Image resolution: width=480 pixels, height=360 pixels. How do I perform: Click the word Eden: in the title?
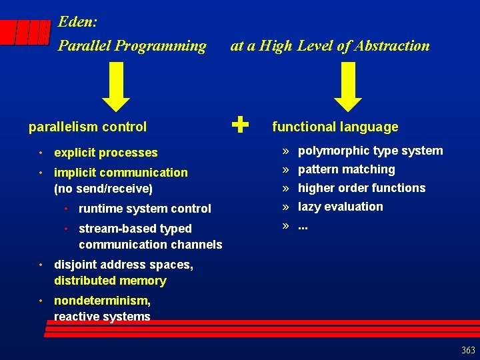[78, 22]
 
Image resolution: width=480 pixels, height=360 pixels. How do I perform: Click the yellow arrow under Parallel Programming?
[119, 86]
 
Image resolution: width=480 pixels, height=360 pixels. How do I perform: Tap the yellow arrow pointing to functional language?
[347, 86]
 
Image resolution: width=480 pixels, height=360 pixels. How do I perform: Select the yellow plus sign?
[241, 125]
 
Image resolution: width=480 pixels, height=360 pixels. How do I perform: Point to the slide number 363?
[468, 351]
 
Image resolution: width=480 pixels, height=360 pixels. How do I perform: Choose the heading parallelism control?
[87, 127]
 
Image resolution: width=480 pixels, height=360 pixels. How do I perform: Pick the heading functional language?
[335, 127]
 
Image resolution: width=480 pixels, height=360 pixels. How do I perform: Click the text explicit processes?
[105, 153]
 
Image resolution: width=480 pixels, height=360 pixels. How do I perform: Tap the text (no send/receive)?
[103, 189]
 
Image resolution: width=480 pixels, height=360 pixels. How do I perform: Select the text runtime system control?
[145, 209]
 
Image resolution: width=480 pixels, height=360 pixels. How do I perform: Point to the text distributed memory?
[110, 281]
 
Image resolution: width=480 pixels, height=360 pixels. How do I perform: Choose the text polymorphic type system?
[370, 151]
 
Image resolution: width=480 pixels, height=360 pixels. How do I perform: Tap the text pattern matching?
[346, 169]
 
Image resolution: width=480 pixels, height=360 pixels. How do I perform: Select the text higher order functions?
[361, 188]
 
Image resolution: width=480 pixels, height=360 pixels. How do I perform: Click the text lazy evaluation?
[340, 207]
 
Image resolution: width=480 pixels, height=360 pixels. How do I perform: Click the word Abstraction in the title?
[393, 46]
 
